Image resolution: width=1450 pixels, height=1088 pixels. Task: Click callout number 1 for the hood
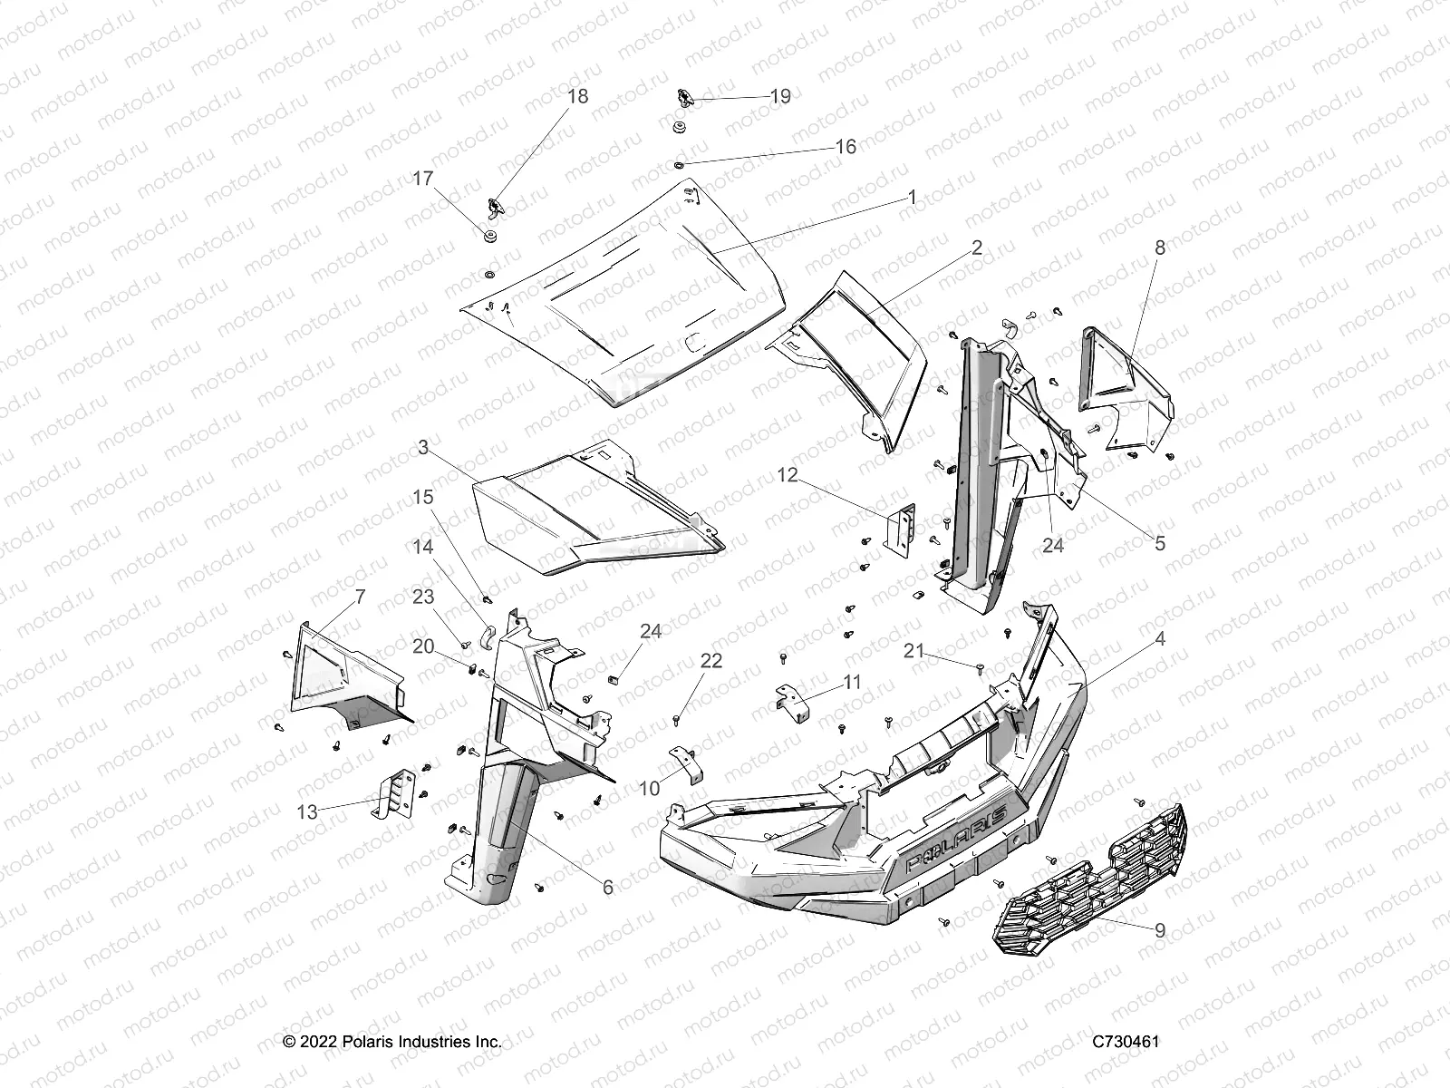912,197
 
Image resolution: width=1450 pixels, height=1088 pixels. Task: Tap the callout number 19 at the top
780,96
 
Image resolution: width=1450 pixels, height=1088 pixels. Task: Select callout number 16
845,147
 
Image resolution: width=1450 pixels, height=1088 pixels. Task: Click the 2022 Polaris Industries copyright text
392,1042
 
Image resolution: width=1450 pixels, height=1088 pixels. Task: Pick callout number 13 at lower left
308,811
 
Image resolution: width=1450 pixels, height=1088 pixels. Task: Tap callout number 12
788,475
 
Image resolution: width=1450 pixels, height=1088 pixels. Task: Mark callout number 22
712,662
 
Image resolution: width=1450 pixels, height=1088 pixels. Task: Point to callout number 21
914,650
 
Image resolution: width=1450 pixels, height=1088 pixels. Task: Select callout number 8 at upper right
1159,248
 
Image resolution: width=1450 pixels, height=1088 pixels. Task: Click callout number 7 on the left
334,597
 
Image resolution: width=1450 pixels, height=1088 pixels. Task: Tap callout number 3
423,447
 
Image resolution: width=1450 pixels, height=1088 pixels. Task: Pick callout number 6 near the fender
607,888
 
